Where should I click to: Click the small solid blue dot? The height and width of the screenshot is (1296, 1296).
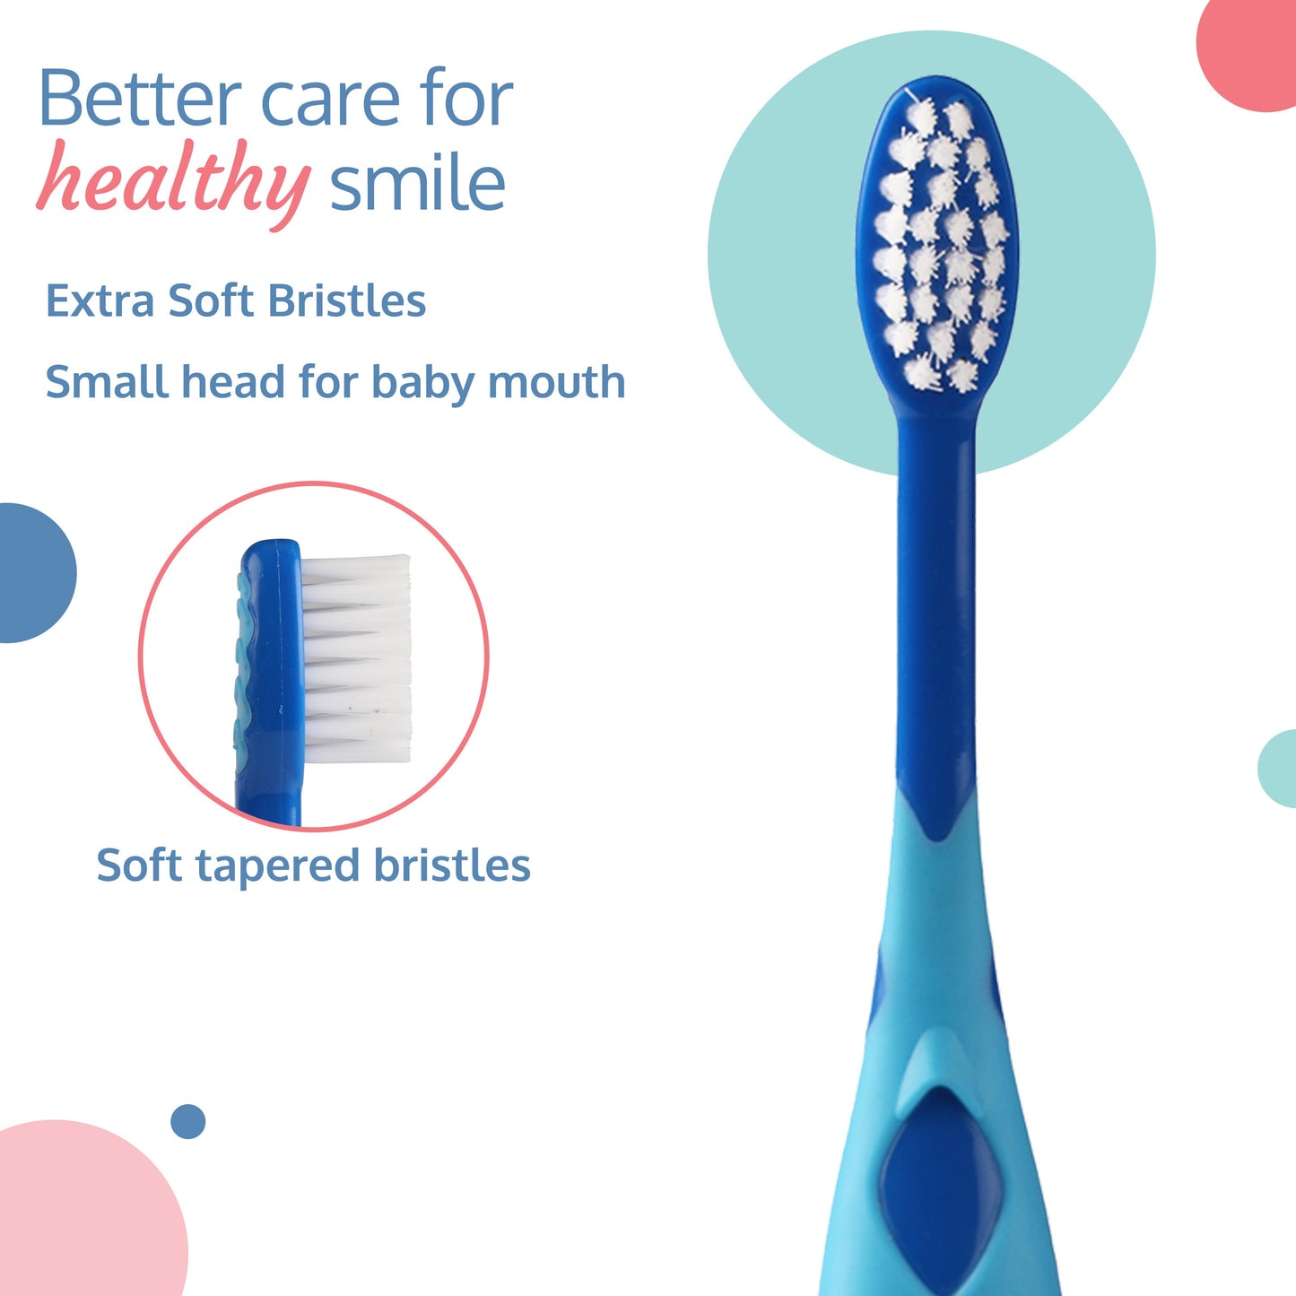(187, 1121)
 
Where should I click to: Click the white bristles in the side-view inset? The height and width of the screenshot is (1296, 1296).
(356, 659)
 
